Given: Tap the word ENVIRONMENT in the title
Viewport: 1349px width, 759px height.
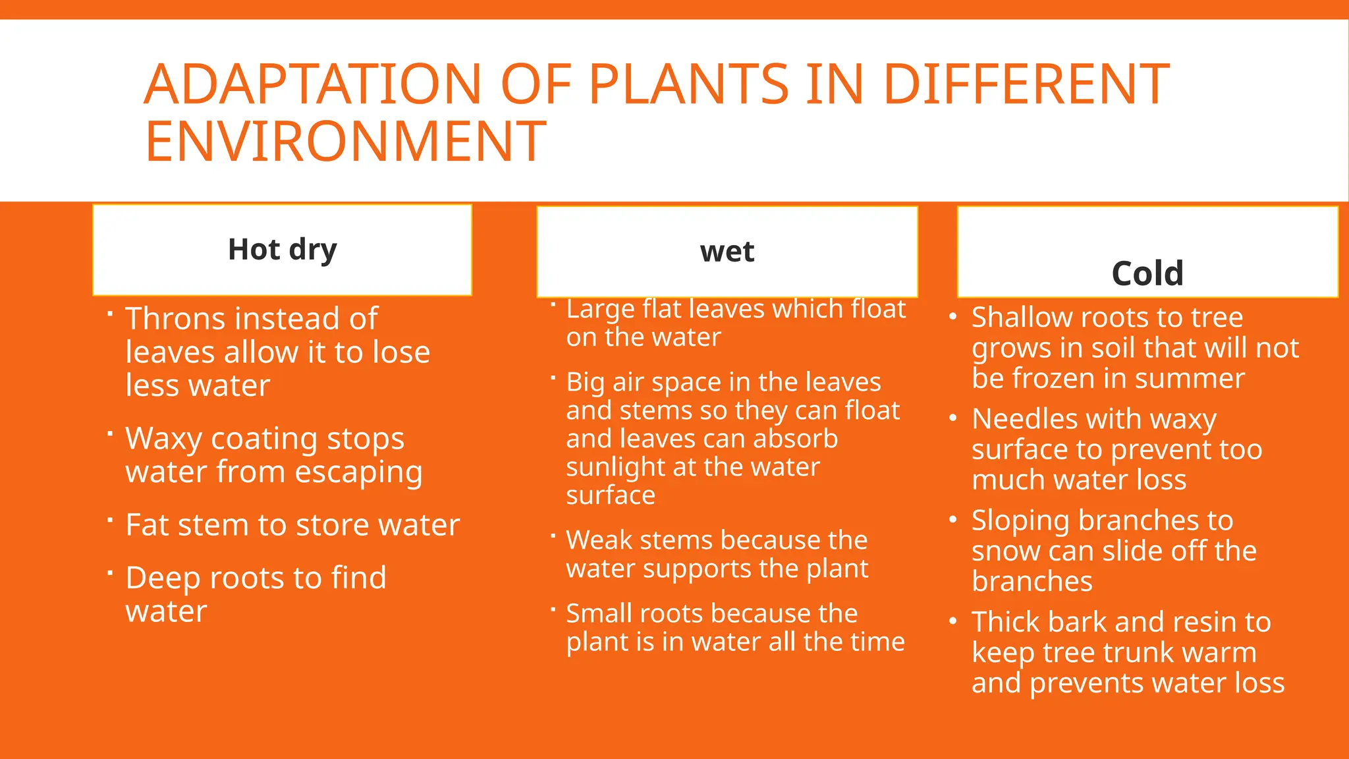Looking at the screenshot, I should [345, 142].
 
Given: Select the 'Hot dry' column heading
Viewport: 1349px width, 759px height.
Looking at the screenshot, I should [282, 250].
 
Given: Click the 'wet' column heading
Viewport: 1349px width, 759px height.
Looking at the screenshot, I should [727, 252].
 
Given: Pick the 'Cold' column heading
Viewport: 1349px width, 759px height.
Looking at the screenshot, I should [1147, 273].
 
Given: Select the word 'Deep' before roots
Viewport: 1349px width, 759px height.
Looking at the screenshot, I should [163, 578].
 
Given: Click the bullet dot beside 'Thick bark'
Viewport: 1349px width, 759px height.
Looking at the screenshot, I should [952, 621].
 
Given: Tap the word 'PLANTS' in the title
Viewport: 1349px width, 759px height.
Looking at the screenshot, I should [688, 84].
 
